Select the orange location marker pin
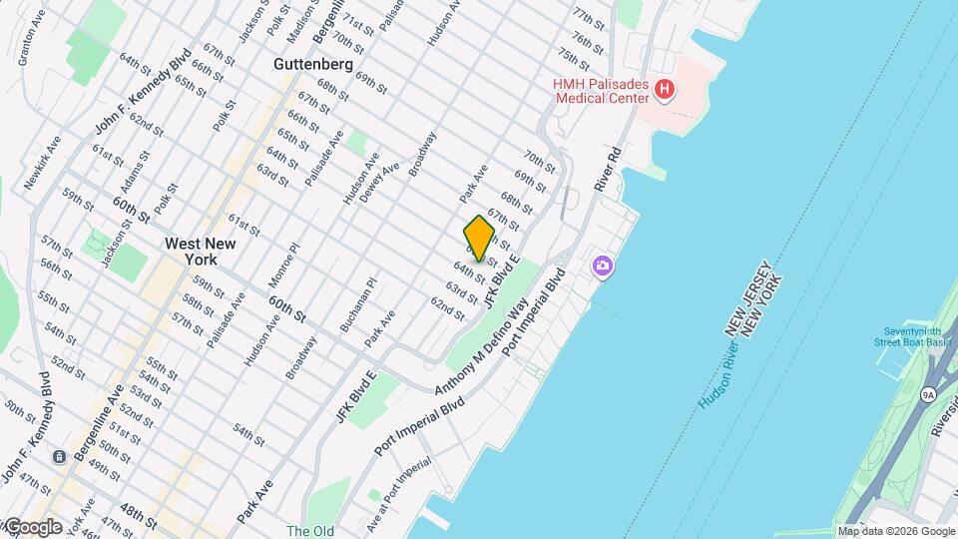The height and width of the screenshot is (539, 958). [x=480, y=238]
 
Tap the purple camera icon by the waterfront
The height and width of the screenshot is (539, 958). [x=602, y=266]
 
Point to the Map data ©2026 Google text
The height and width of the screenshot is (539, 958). [x=895, y=531]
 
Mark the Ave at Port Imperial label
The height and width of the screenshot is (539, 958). [x=403, y=480]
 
